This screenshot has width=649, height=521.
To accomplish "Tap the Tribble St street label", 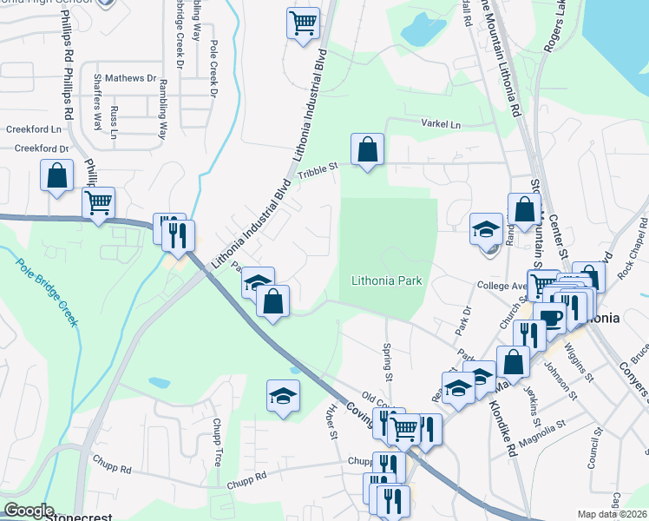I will (317, 172).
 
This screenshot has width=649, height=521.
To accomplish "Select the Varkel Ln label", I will (441, 124).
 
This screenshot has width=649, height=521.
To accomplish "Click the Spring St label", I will (388, 360).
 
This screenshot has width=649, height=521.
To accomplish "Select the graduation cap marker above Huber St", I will (283, 396).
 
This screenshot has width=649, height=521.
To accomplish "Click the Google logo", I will (29, 511).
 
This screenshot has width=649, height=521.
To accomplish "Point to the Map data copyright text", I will (612, 514).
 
